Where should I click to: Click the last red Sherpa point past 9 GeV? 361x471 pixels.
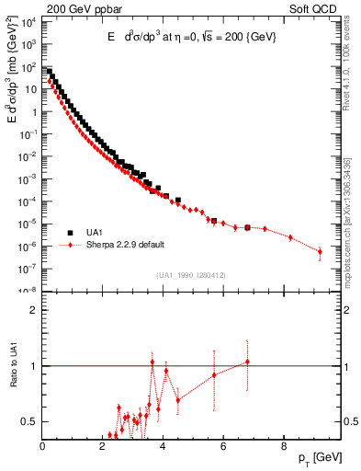[320, 251]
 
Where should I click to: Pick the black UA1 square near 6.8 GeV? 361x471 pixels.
[247, 226]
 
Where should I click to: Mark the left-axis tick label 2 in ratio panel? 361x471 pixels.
[34, 310]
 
